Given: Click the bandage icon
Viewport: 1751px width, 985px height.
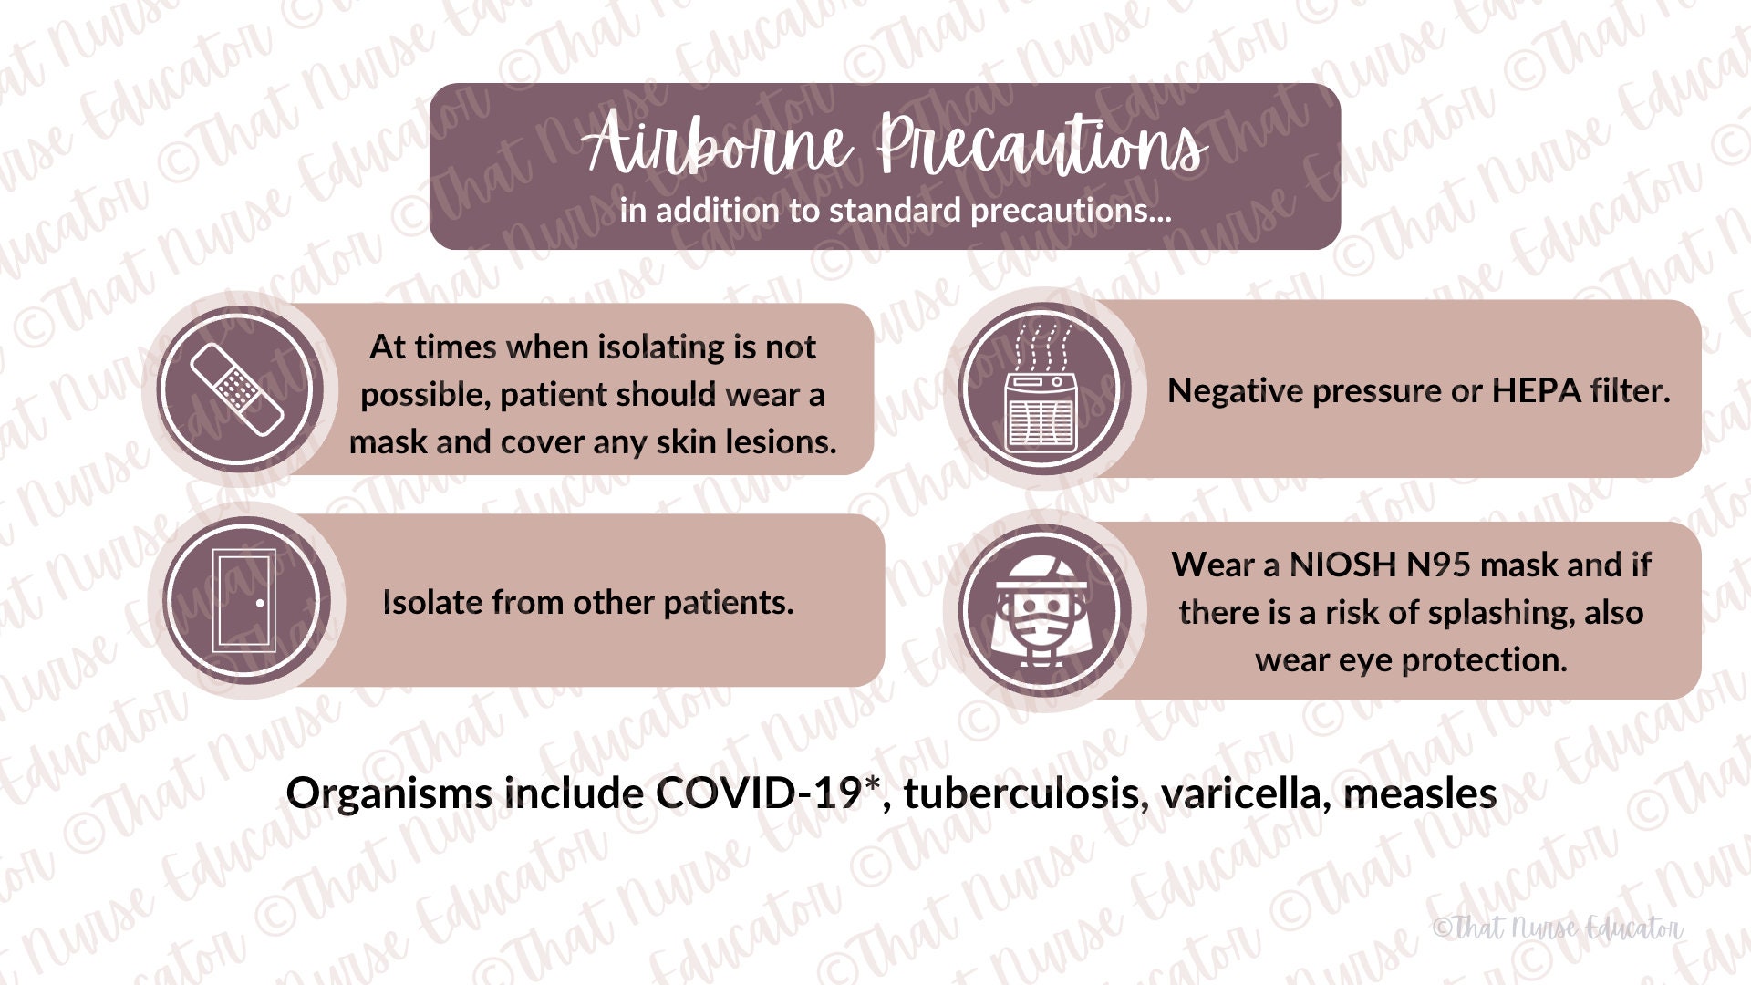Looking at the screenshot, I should pos(236,389).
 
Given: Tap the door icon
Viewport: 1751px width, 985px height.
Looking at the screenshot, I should pos(243,600).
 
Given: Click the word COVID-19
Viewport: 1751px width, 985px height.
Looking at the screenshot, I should pos(757,793).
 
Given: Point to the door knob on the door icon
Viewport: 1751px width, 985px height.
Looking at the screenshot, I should pos(260,603).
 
